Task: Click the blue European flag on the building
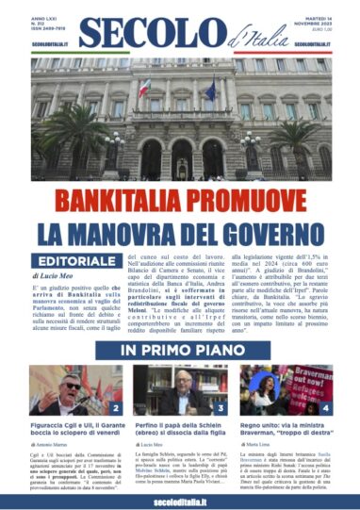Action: pos(209,90)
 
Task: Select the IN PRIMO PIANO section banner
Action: pos(179,351)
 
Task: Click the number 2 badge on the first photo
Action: pos(114,408)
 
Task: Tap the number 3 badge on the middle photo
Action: pos(221,408)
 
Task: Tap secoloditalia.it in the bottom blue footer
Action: pos(179,496)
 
